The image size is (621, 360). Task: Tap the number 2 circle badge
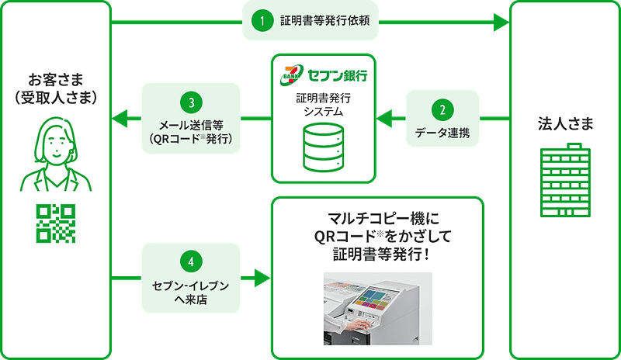(x=442, y=110)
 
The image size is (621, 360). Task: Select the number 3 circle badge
(x=190, y=103)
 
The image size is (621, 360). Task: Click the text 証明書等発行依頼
(x=324, y=21)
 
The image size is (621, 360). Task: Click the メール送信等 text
(x=190, y=126)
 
